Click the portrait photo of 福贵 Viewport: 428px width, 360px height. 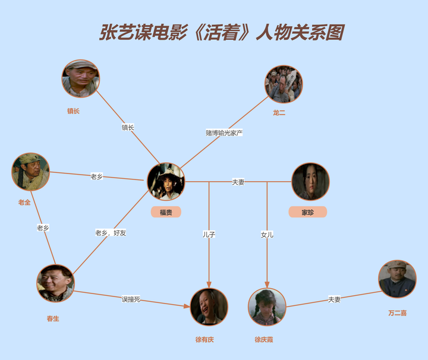(x=166, y=181)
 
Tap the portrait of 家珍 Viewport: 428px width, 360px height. (x=310, y=181)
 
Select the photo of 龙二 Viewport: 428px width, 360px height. (x=284, y=84)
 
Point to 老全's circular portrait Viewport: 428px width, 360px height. (x=31, y=172)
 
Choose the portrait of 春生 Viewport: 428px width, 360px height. (x=55, y=283)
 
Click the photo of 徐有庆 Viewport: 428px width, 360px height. (x=209, y=307)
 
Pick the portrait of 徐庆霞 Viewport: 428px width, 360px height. (x=267, y=307)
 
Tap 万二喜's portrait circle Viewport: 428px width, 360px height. (x=397, y=279)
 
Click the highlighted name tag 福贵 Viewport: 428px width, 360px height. (x=166, y=212)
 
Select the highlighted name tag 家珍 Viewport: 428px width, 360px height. (x=307, y=212)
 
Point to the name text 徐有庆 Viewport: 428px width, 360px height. (x=204, y=340)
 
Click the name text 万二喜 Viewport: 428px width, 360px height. (x=397, y=313)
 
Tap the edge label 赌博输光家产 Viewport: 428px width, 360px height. (x=224, y=132)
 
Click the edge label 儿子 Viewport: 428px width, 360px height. (x=209, y=235)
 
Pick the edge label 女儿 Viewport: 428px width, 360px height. (x=267, y=235)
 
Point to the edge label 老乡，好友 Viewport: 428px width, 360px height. (x=111, y=233)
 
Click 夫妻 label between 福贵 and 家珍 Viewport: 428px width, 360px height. (x=238, y=182)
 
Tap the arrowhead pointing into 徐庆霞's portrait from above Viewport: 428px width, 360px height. (x=267, y=285)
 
